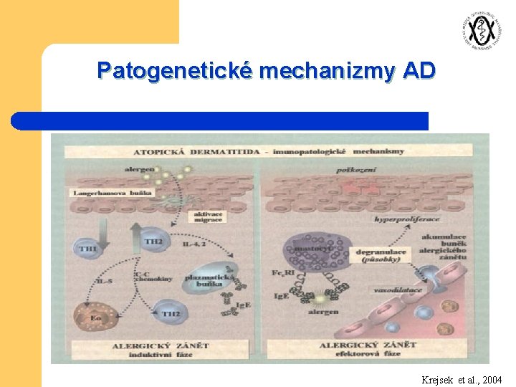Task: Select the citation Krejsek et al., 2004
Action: (462, 379)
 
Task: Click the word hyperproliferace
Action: (407, 218)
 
